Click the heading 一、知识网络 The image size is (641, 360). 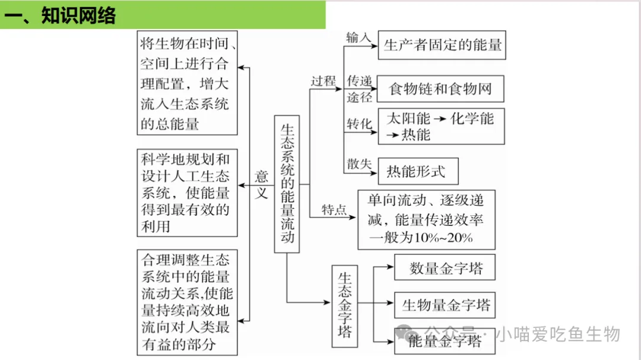point(59,15)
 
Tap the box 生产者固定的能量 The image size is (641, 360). point(443,45)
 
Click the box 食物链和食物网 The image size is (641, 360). point(440,90)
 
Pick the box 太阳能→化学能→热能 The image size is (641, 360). point(441,126)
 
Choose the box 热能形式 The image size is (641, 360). point(415,171)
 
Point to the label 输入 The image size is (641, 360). point(358,37)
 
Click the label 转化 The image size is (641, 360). point(359,124)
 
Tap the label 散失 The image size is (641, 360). point(359,164)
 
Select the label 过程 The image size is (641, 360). point(323,81)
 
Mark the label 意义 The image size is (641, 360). point(262,184)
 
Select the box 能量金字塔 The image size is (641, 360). point(445,341)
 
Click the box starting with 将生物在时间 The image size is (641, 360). point(186,83)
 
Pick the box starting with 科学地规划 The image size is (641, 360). point(186,193)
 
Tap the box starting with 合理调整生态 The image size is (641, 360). point(186,302)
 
